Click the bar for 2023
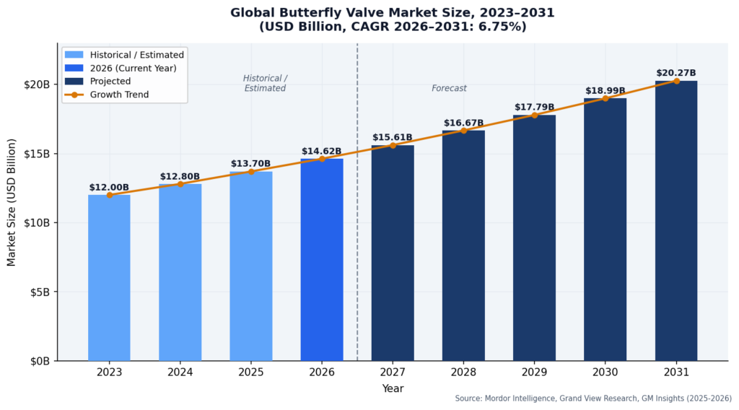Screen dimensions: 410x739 coord(109,278)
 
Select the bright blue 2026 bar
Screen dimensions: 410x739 coord(322,260)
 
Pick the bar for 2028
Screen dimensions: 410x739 coord(463,245)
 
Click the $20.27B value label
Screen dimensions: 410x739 coord(676,73)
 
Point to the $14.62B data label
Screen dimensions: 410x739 coord(322,152)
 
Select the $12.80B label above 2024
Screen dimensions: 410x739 coord(180,176)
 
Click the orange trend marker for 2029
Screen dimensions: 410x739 coord(535,115)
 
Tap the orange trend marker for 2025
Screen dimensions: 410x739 coord(251,171)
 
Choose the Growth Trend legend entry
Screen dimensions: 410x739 coord(119,95)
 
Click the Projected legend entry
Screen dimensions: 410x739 coord(110,82)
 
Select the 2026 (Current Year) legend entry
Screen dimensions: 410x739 coord(129,68)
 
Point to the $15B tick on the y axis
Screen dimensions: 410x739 coord(36,154)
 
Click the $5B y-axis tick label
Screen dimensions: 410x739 coord(39,292)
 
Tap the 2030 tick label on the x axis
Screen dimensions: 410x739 coord(605,372)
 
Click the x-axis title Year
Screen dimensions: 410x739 coord(393,388)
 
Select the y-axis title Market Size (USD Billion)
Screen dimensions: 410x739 coord(12,202)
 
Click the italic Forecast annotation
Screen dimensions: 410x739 coord(449,88)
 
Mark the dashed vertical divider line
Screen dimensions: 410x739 coord(357,217)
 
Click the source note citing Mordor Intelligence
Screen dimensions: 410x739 coord(593,398)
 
